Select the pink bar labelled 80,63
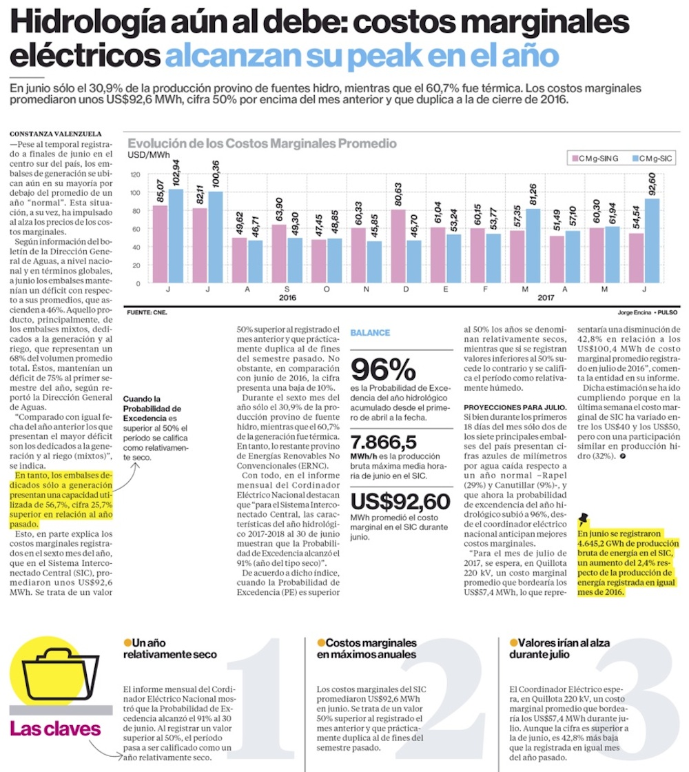[x=397, y=246]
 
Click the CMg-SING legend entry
[x=593, y=159]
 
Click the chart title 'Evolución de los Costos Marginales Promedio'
[x=262, y=143]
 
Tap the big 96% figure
[x=383, y=370]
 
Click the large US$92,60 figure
[x=400, y=501]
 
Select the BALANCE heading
[x=370, y=332]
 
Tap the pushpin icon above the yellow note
[x=585, y=519]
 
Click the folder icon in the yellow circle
[x=52, y=671]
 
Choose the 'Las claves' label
[x=55, y=729]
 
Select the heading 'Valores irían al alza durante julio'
[x=559, y=648]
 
